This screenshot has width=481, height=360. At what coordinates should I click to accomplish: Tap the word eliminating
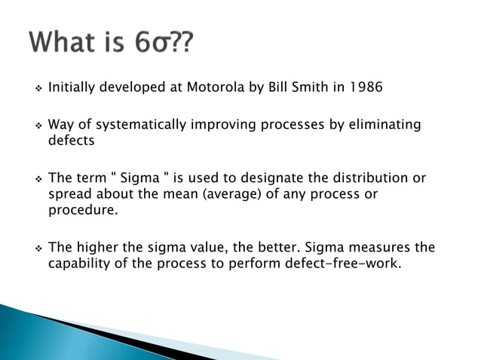point(384,125)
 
